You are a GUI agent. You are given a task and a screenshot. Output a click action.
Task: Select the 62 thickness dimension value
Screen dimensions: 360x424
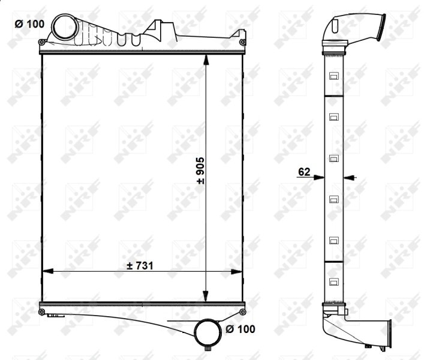click(x=303, y=172)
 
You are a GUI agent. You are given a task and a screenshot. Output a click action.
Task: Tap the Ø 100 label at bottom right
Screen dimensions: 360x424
click(x=240, y=329)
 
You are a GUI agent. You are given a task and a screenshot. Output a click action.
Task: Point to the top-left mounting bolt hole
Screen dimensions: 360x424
click(x=41, y=42)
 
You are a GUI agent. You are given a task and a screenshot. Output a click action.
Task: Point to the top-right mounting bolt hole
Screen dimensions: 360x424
click(x=242, y=42)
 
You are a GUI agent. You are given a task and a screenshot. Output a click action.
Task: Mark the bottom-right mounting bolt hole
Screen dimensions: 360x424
click(x=242, y=312)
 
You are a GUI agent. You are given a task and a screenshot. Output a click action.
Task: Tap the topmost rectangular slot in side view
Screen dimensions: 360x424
click(x=333, y=76)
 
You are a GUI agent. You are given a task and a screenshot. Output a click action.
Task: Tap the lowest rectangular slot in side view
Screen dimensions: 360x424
click(x=333, y=282)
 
